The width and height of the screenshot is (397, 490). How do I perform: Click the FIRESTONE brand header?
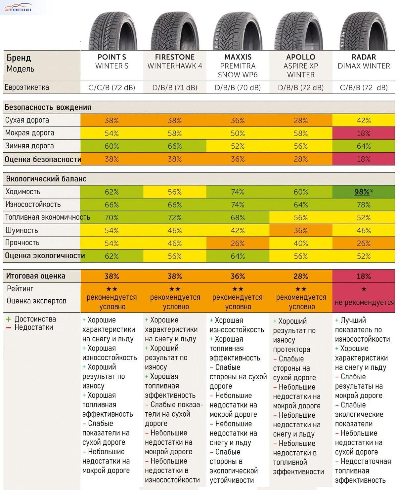click(175, 57)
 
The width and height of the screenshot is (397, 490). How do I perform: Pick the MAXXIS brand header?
click(238, 57)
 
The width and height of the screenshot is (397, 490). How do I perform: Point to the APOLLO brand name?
click(301, 57)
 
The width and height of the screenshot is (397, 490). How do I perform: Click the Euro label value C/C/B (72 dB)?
click(112, 88)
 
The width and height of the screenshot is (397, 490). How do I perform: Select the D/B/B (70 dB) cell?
click(238, 88)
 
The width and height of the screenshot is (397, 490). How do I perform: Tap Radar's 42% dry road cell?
click(363, 120)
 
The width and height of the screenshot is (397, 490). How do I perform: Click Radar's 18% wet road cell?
click(363, 133)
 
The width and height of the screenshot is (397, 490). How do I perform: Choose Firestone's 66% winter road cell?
click(175, 146)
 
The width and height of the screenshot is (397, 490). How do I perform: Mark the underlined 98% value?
click(362, 192)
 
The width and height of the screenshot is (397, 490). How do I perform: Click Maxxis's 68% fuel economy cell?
click(238, 217)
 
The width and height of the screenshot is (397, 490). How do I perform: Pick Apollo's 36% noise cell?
click(301, 230)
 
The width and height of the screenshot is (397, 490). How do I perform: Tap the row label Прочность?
click(22, 243)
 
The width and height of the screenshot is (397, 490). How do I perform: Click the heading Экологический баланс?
click(46, 179)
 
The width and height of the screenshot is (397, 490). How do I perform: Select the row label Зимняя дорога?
click(29, 146)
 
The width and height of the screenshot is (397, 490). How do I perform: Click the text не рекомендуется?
click(364, 302)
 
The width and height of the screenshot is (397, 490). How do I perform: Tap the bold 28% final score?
click(301, 276)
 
